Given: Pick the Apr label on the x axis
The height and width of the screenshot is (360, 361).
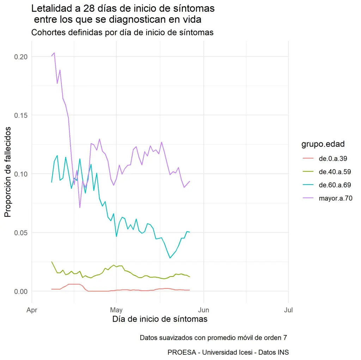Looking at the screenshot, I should click(32, 310).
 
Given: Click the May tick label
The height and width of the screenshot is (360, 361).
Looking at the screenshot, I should click(116, 310).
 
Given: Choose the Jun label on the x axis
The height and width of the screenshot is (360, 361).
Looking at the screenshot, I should click(203, 310).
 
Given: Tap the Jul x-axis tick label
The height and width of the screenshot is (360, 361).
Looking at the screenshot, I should click(288, 310).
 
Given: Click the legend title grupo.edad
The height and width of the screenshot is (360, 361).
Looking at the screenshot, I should click(323, 144).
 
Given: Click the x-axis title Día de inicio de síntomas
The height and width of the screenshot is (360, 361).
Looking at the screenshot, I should click(160, 319).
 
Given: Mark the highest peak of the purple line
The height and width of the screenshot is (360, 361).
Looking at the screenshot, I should click(54, 53).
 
